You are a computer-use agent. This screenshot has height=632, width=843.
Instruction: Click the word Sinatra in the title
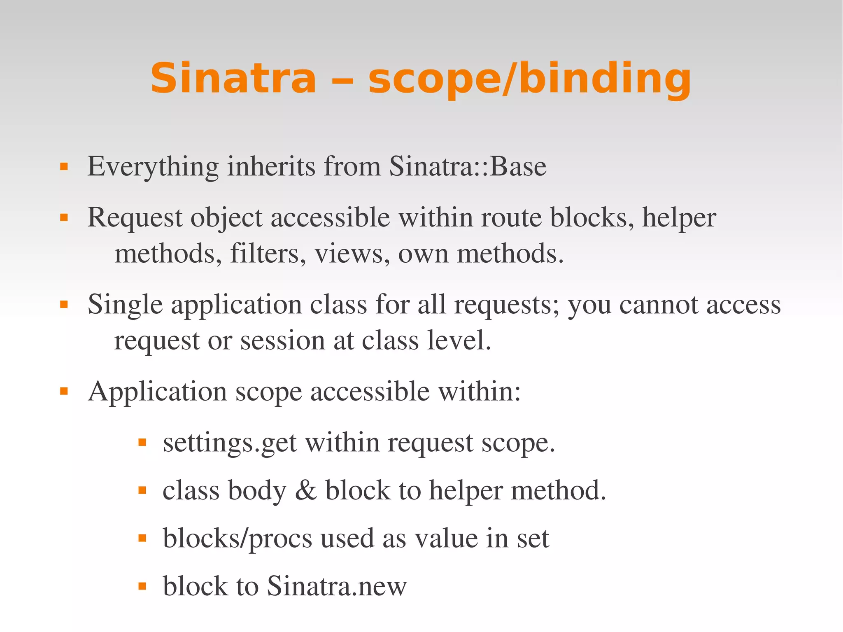coord(233,78)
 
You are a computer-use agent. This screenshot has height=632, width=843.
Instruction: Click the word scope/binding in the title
coord(529,79)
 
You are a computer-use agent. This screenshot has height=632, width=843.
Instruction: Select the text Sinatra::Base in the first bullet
coord(468,166)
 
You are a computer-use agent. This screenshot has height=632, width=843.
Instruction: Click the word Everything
coord(153,167)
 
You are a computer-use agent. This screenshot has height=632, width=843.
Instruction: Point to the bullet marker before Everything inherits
coord(64,167)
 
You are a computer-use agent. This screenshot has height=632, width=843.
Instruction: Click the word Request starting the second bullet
coord(134,218)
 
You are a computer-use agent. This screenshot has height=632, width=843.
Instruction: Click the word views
coord(352,254)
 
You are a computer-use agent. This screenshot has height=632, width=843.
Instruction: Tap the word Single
coord(125,305)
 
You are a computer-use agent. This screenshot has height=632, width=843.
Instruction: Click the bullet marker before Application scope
coord(64,391)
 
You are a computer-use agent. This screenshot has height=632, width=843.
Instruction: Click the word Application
coord(157,392)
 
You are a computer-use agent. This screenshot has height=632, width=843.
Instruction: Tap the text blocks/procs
coord(238,539)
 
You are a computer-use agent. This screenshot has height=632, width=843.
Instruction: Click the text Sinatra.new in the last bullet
coord(336,586)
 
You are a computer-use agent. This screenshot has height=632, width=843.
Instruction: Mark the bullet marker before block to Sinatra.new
coord(142,586)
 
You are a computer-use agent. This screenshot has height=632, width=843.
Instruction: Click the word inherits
coord(271,166)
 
